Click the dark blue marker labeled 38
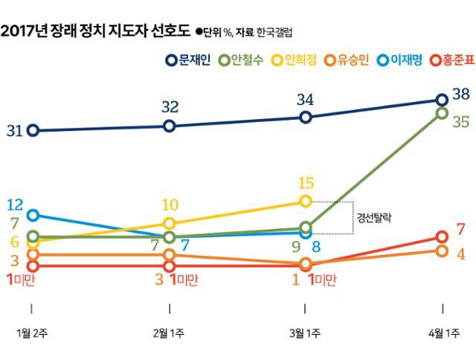tap(442, 100)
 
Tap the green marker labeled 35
tap(442, 113)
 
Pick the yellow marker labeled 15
tap(305, 202)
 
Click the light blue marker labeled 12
tap(32, 216)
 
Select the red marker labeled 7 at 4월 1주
tap(442, 237)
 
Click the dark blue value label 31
tap(14, 131)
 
